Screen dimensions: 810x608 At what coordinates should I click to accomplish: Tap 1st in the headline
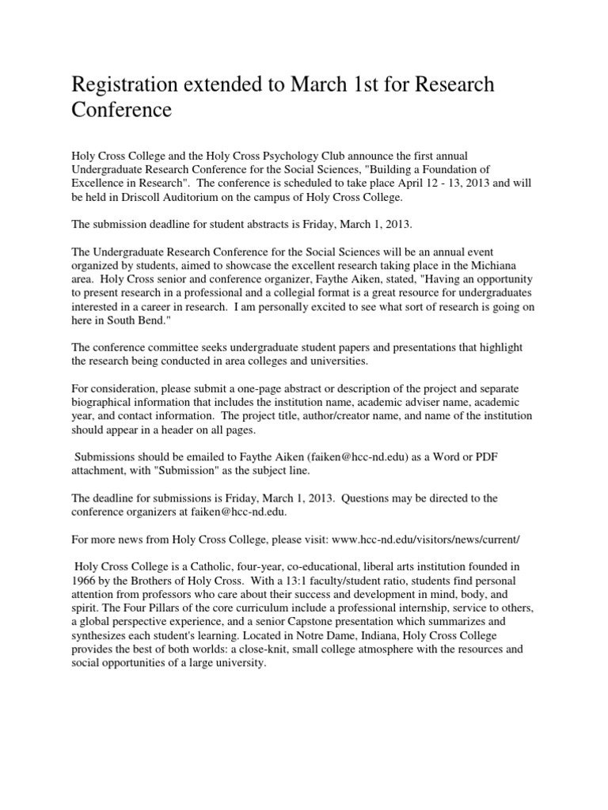(x=357, y=85)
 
